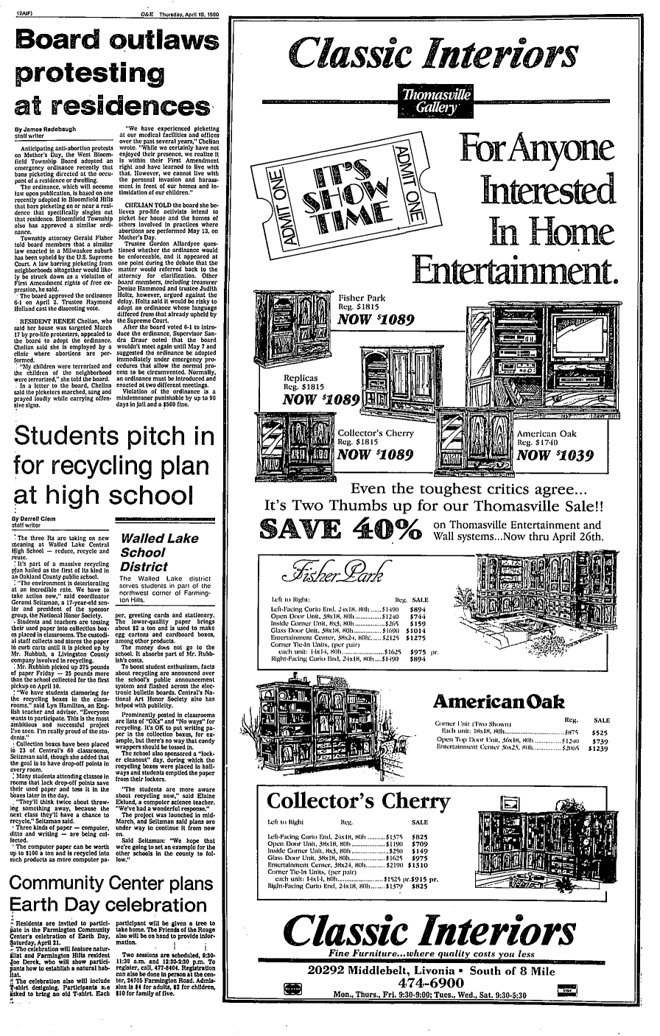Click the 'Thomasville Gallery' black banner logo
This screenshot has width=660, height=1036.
coord(432,100)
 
